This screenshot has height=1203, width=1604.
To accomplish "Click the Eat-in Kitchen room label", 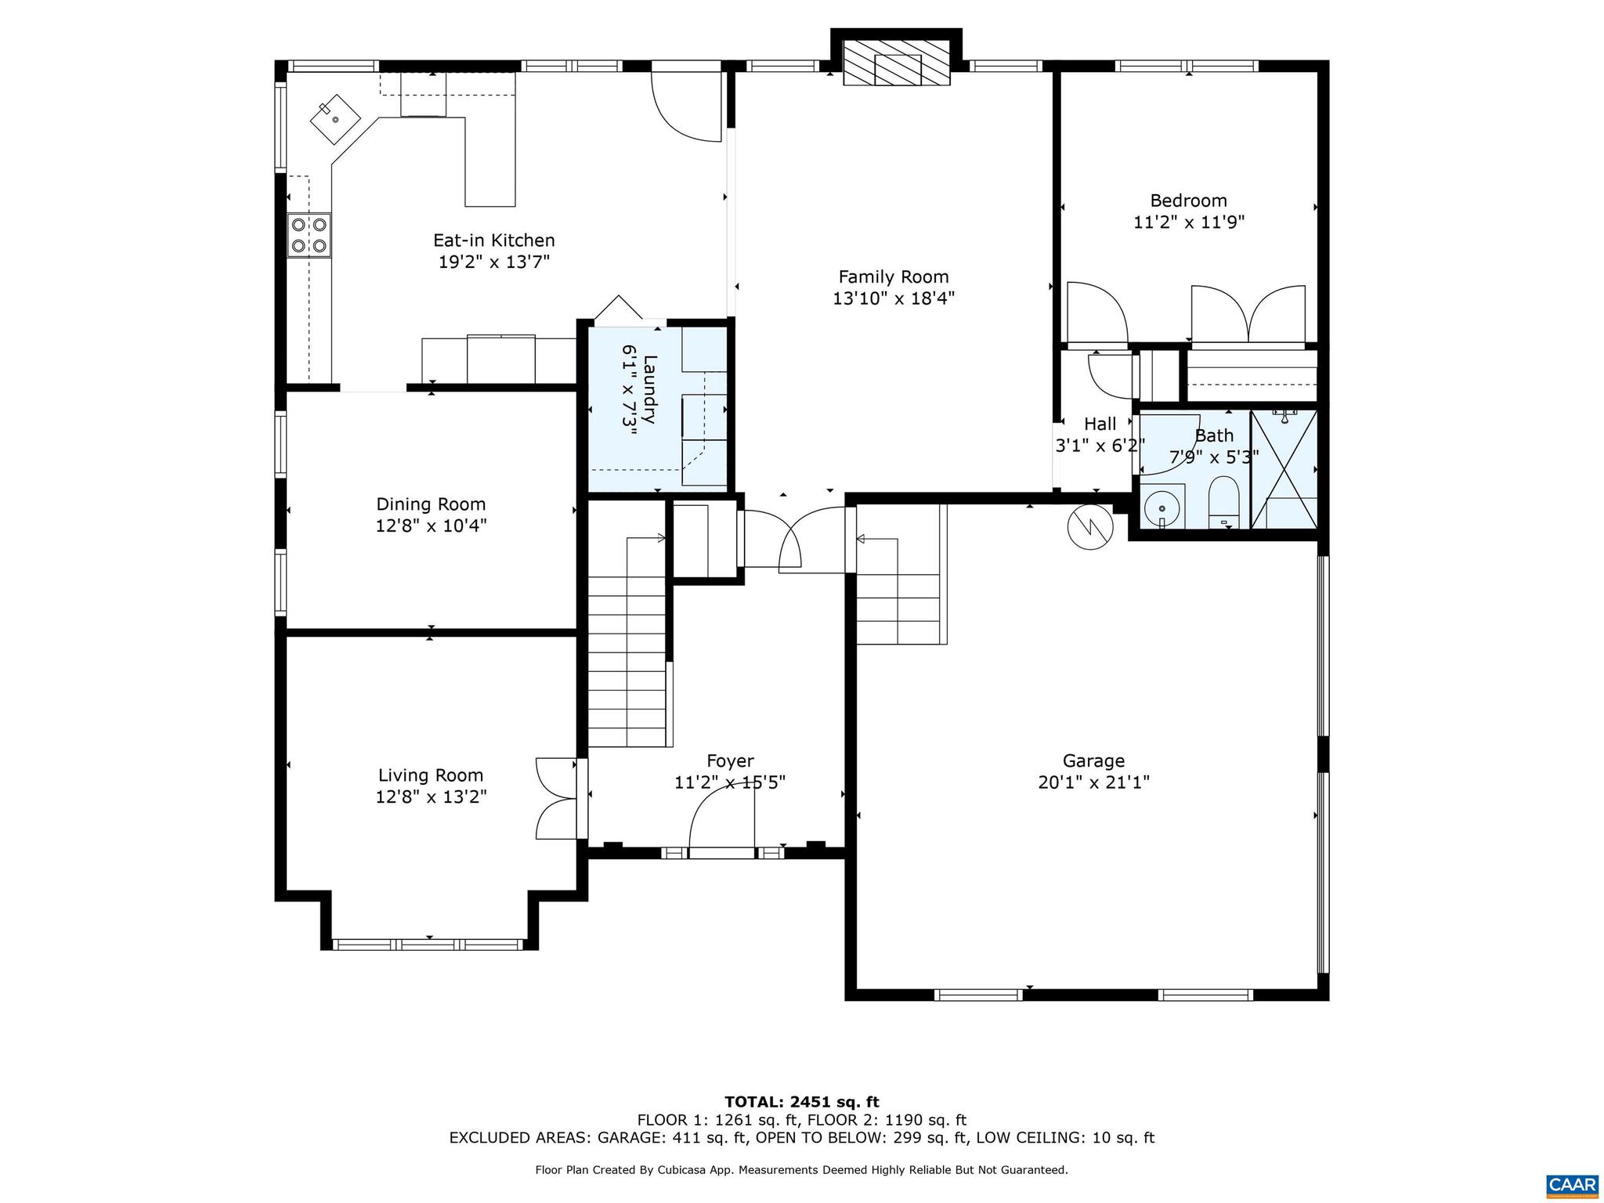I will [x=493, y=240].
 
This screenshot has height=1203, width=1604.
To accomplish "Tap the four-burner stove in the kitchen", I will [x=309, y=235].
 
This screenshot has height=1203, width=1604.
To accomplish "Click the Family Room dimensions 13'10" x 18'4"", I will [x=893, y=298].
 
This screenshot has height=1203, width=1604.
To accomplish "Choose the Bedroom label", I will [x=1188, y=200].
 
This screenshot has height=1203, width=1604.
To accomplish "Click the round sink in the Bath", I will [x=1161, y=509].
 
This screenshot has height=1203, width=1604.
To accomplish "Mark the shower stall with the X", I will [x=1284, y=468].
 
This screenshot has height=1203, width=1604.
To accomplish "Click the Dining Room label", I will [x=431, y=504].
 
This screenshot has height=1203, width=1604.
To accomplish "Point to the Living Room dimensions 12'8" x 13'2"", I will [x=431, y=797].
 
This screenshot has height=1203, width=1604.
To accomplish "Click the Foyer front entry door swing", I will [x=721, y=818].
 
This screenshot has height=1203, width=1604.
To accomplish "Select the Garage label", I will [x=1093, y=760].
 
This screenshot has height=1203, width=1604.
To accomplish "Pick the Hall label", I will [x=1100, y=424].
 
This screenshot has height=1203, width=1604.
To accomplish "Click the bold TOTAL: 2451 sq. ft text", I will [x=801, y=1103].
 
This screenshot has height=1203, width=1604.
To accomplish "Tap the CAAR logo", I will [x=1572, y=1183].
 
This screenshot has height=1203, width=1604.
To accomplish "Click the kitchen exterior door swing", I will [x=686, y=106].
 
